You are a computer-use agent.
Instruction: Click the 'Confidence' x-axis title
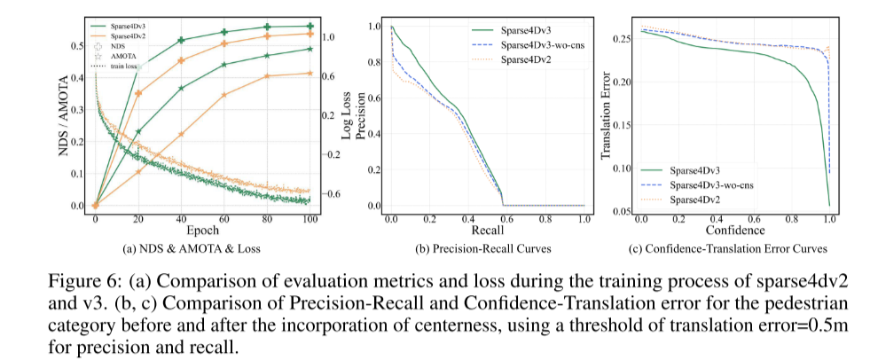click(x=734, y=229)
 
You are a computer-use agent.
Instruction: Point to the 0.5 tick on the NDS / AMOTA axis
click(x=77, y=46)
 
